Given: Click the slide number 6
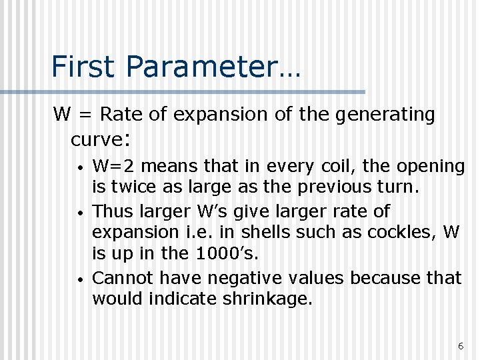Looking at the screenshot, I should point(461,345).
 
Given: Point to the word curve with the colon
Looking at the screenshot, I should point(100,139).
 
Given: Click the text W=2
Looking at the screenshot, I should point(115,165).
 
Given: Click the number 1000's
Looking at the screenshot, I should point(224,254).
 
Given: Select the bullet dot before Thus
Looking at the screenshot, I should point(79,211).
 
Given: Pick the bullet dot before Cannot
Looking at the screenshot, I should point(79,277).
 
